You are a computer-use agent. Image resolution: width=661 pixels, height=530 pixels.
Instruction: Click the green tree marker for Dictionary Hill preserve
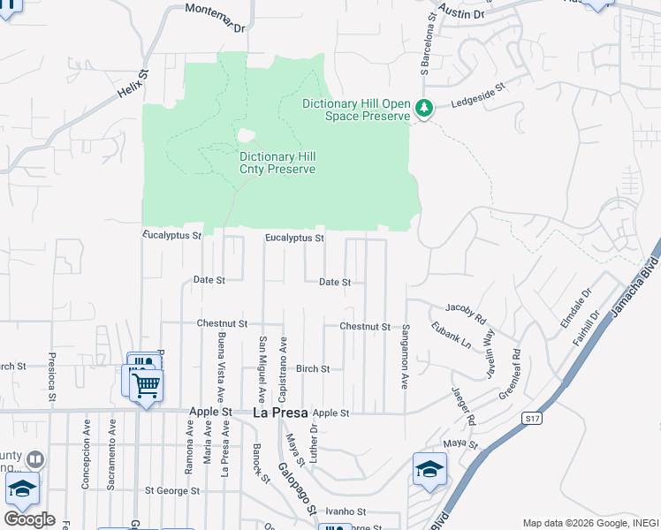click(x=425, y=109)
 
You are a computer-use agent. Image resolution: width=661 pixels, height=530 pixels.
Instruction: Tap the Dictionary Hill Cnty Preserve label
click(x=277, y=163)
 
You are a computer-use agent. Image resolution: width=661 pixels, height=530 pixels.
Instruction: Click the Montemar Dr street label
click(x=215, y=18)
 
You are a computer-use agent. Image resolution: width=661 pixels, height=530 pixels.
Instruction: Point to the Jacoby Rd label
click(x=466, y=312)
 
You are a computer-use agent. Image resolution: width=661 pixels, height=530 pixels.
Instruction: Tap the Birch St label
click(x=313, y=368)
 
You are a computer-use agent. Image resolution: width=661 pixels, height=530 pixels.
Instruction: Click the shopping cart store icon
click(x=146, y=384)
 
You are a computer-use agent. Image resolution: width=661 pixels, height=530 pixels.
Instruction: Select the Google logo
click(x=29, y=519)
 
